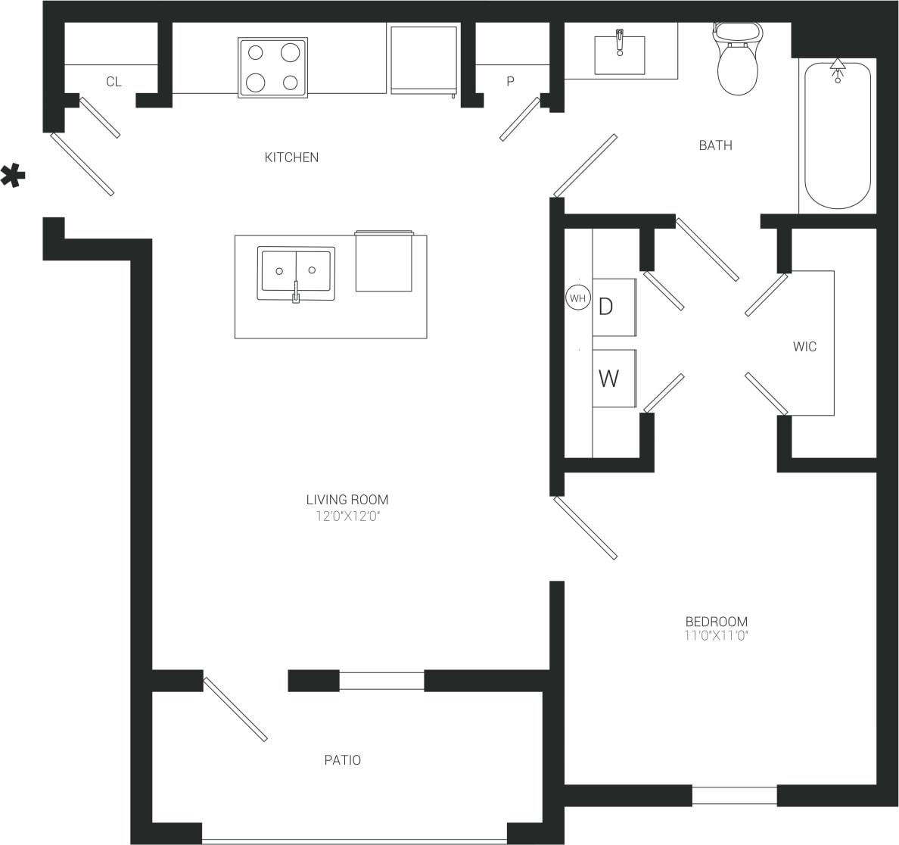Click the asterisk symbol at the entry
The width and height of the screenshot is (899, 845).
coord(13,176)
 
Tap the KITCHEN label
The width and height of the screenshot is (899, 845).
coord(291,157)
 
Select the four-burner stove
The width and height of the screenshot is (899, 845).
coord(273,67)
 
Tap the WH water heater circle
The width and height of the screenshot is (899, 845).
coord(577,298)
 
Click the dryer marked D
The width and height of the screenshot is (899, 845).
coord(613,307)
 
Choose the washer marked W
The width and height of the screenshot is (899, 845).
coord(613,378)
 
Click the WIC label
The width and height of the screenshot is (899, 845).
coord(804,347)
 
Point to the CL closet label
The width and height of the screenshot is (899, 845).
coord(114,82)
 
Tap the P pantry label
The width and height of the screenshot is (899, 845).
coord(511,82)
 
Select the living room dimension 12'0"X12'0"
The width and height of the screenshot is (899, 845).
coord(347,516)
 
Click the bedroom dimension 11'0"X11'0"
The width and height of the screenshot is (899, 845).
coord(716,636)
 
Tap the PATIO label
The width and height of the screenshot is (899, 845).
coord(343,760)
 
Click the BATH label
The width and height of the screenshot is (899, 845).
coord(715,145)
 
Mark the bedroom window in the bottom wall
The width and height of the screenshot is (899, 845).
coord(734,796)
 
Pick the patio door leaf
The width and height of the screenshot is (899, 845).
coord(235,709)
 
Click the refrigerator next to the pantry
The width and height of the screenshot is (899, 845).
coord(424,61)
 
